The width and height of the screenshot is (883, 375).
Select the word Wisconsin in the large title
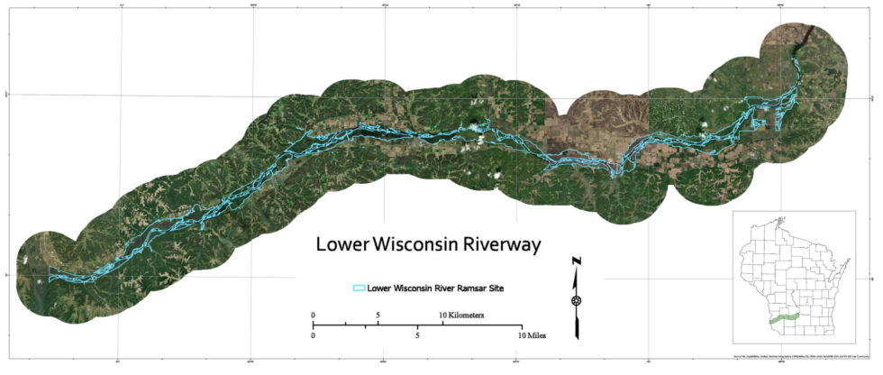[412, 244]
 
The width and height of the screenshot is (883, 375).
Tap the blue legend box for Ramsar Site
[358, 288]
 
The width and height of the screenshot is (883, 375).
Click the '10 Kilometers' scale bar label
[461, 315]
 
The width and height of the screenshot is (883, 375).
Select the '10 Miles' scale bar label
[531, 335]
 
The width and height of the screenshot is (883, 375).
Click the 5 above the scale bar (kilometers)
[378, 315]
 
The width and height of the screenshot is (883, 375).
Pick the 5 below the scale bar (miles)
[417, 335]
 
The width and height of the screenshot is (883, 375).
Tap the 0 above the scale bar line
[314, 315]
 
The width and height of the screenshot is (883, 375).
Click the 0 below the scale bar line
[314, 335]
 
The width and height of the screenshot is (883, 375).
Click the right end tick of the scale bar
[521, 325]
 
